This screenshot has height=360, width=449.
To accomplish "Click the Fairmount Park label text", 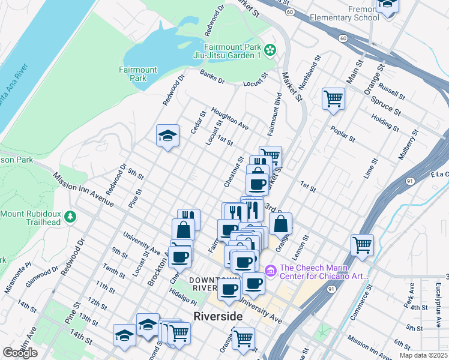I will (x=137, y=74).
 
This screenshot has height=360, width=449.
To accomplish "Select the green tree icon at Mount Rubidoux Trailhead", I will (x=71, y=215).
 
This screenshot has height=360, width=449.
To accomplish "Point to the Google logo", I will (x=20, y=352).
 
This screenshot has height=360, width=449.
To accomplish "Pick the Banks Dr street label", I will (x=212, y=77).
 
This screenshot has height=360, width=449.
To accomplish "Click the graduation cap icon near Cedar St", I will (x=167, y=135).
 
